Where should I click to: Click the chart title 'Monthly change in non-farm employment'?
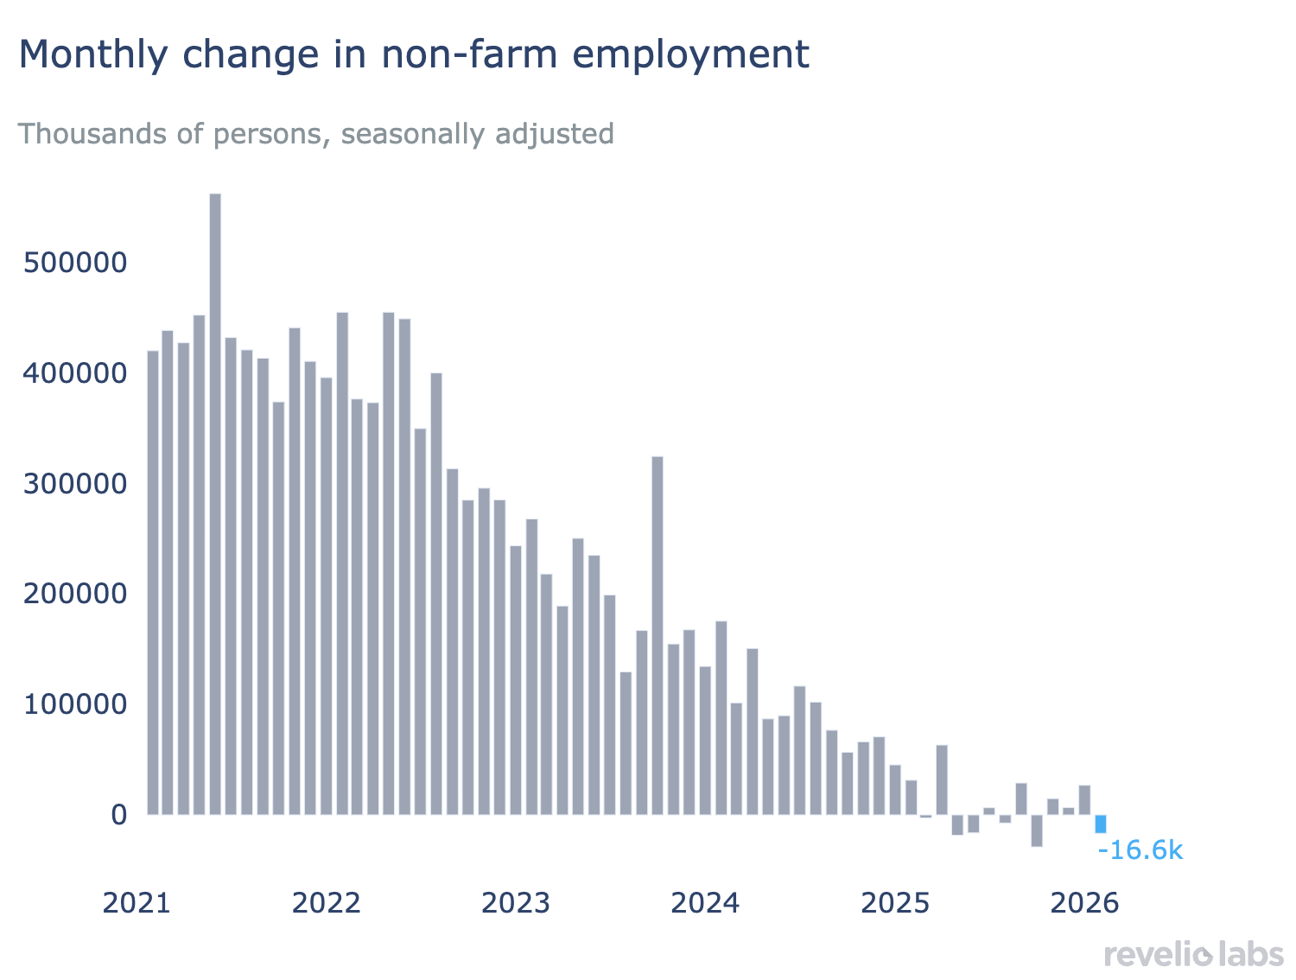(414, 54)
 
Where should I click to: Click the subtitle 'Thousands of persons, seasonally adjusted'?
(316, 134)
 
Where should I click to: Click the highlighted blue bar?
(1101, 824)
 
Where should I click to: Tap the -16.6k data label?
(1140, 850)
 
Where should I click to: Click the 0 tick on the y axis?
(118, 815)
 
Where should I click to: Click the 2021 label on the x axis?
(137, 903)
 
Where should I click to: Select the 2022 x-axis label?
(326, 903)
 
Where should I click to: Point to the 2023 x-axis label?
(516, 903)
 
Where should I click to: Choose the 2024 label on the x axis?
(706, 903)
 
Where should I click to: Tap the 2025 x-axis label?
(896, 903)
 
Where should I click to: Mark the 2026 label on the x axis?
(1084, 903)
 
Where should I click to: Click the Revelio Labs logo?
(1194, 955)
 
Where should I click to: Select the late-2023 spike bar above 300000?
(658, 635)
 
